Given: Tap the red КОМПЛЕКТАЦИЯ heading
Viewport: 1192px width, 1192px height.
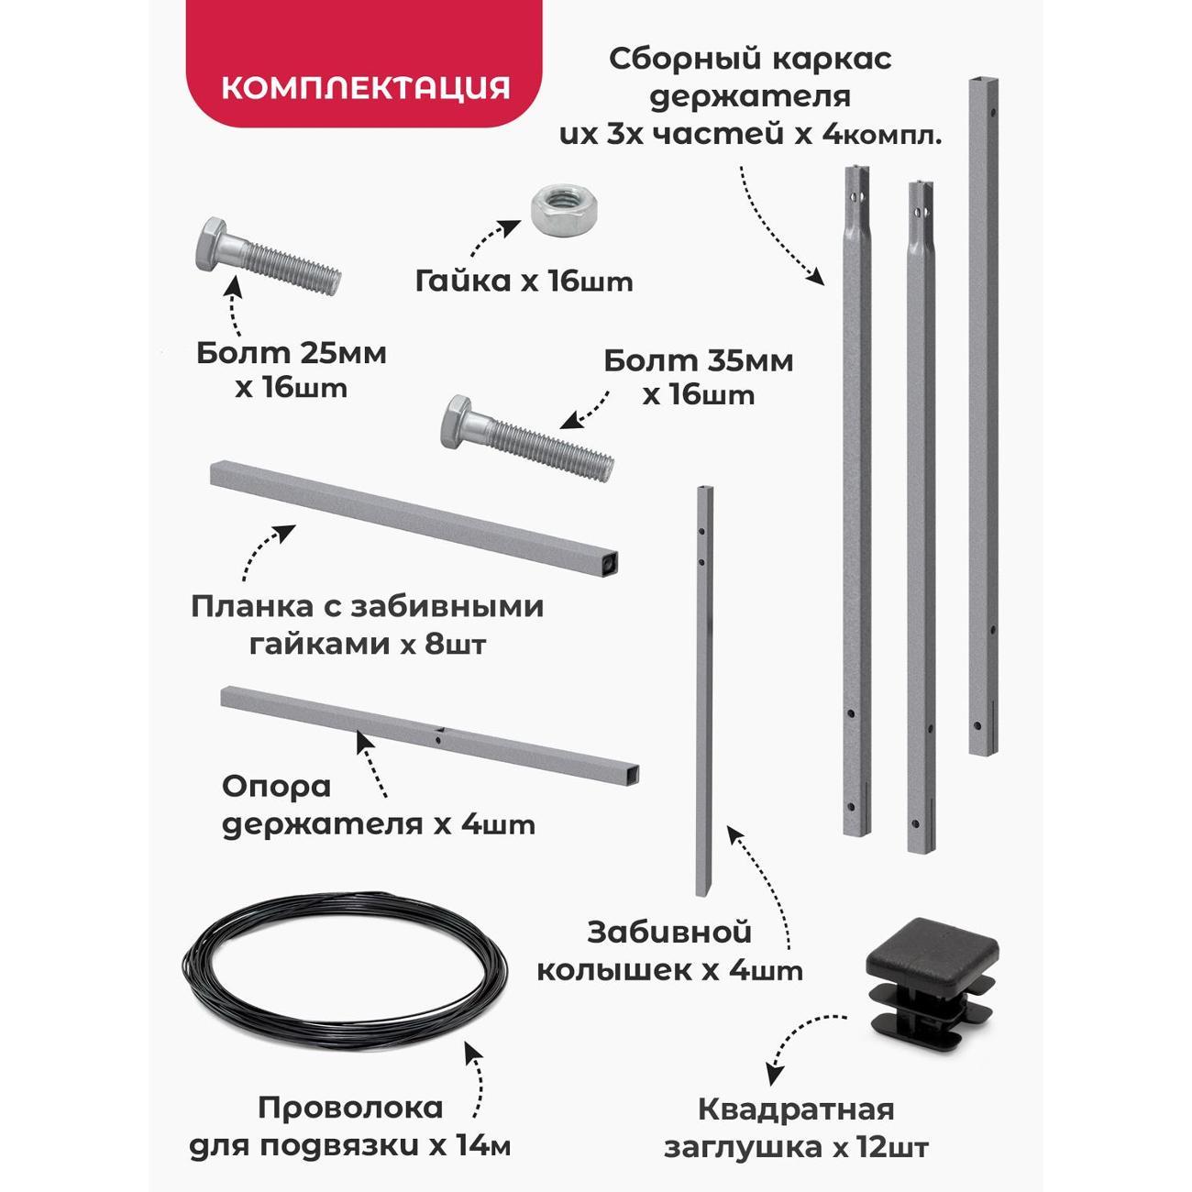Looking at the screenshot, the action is (x=366, y=88).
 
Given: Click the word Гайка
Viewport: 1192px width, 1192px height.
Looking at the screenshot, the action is (x=463, y=281).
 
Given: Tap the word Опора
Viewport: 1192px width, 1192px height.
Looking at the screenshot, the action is (x=277, y=787).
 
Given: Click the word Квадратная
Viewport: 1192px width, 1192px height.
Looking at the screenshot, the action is (x=796, y=1109).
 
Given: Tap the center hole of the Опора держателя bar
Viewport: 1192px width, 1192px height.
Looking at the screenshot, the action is (x=438, y=739).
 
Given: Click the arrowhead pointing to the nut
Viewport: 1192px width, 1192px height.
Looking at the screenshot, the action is (x=511, y=226).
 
